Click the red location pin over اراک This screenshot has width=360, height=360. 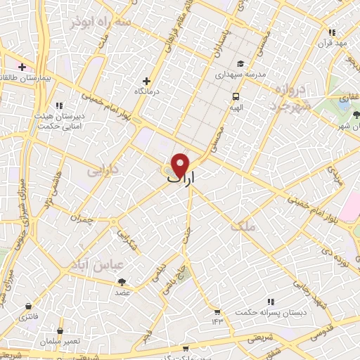pyautogui.click(x=181, y=165)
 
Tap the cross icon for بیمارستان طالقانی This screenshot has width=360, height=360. pyautogui.click(x=22, y=67)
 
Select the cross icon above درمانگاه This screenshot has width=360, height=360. pyautogui.click(x=146, y=81)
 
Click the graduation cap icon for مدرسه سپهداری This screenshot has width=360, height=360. pyautogui.click(x=239, y=62)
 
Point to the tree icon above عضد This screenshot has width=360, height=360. pyautogui.click(x=124, y=281)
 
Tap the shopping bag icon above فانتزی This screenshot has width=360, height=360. pyautogui.click(x=27, y=307)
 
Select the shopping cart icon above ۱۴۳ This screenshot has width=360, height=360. pyautogui.click(x=217, y=311)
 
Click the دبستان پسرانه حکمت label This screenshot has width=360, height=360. pyautogui.click(x=263, y=312)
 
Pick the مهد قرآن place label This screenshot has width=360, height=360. pyautogui.click(x=335, y=41)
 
